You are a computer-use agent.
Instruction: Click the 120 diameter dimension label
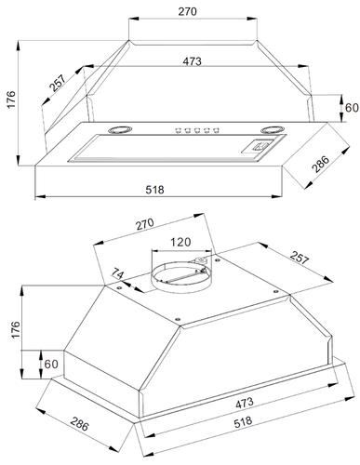180,242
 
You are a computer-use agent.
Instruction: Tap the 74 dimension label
118,275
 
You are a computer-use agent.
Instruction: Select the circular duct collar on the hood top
181,277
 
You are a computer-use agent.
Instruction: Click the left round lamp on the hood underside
120,129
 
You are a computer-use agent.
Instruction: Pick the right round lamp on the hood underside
273,129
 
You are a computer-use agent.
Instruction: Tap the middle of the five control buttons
197,130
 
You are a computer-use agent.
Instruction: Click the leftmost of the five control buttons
178,130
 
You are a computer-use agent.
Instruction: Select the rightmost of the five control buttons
216,130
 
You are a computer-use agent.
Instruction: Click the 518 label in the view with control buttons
154,190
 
